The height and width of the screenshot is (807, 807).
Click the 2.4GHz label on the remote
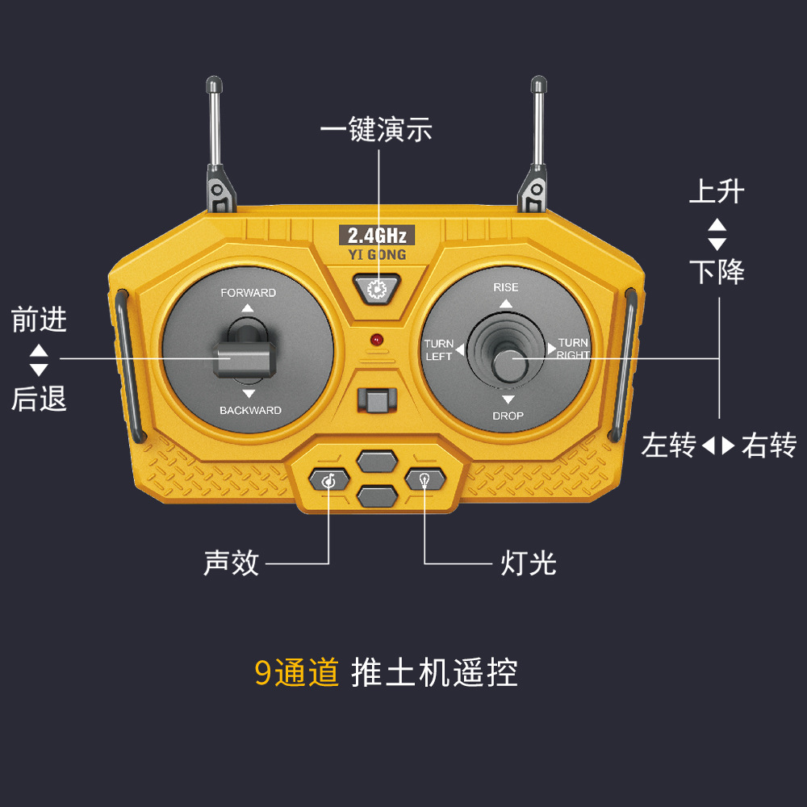[x=377, y=236]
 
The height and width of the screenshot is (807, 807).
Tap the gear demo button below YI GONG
[x=376, y=289]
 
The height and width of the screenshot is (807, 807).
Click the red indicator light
[x=376, y=339]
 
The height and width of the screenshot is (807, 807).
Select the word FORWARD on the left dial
[x=249, y=293]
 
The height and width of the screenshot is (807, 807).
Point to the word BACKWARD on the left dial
[x=250, y=411]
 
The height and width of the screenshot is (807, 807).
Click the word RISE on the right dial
[x=506, y=287]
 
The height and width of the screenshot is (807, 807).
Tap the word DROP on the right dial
[x=508, y=416]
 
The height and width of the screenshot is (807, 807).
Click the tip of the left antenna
[x=213, y=82]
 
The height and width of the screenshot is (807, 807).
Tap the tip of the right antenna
[x=537, y=82]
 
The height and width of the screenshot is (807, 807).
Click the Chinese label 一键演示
[x=376, y=130]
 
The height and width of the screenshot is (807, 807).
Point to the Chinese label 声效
[x=232, y=562]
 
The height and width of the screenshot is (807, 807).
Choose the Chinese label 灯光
[x=529, y=562]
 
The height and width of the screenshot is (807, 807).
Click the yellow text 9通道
[x=297, y=672]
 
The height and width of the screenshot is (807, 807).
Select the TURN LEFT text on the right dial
[x=439, y=349]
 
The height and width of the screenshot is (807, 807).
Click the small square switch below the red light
[x=376, y=400]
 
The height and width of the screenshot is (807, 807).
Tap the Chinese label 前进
[x=40, y=320]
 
